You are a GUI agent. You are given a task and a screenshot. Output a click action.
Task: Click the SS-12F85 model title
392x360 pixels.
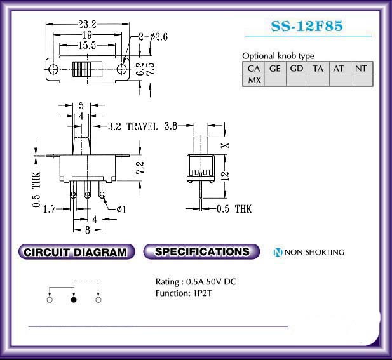[307, 26]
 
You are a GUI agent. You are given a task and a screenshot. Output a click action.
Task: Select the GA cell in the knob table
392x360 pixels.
[253, 69]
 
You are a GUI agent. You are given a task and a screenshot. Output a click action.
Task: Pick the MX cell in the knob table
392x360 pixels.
[253, 81]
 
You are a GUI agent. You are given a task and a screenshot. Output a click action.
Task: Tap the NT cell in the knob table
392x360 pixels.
[362, 69]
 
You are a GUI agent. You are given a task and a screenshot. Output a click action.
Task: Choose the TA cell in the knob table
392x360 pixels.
[318, 69]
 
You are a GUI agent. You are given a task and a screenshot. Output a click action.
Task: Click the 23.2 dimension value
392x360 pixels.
[87, 24]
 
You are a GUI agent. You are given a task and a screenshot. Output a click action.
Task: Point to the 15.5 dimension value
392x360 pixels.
[87, 46]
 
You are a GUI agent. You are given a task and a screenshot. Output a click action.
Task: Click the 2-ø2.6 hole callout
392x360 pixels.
[153, 37]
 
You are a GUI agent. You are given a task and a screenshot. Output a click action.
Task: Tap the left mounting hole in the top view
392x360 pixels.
[53, 69]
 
